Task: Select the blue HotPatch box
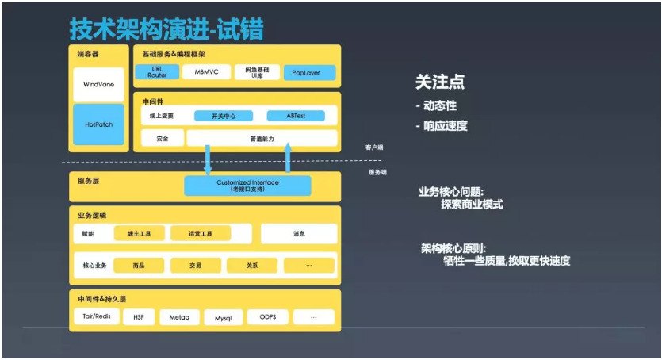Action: pyautogui.click(x=98, y=124)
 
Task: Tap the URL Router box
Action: pyautogui.click(x=157, y=72)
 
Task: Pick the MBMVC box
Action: pyautogui.click(x=206, y=72)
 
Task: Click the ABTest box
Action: pyautogui.click(x=296, y=116)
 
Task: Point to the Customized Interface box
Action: pyautogui.click(x=247, y=186)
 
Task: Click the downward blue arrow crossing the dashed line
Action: pyautogui.click(x=208, y=159)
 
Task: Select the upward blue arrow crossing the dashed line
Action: pyautogui.click(x=288, y=159)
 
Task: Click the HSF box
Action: pyautogui.click(x=139, y=317)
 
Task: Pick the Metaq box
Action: pyautogui.click(x=179, y=317)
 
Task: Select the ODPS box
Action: pyautogui.click(x=267, y=317)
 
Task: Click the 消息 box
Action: pyautogui.click(x=298, y=234)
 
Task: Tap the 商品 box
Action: pyautogui.click(x=139, y=265)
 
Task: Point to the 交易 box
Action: pyautogui.click(x=195, y=265)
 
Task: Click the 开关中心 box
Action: pyautogui.click(x=223, y=116)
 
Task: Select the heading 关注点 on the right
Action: pyautogui.click(x=439, y=82)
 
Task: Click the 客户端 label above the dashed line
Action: pyautogui.click(x=374, y=147)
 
